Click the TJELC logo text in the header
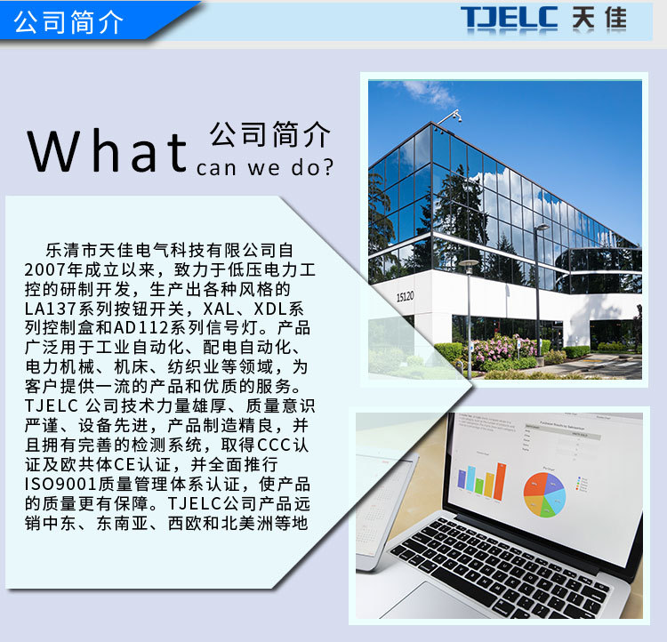pyautogui.click(x=508, y=18)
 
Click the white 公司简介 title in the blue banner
pyautogui.click(x=68, y=22)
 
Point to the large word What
pyautogui.click(x=107, y=151)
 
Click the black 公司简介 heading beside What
pyautogui.click(x=270, y=135)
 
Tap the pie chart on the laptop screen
pyautogui.click(x=542, y=494)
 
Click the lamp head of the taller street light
pyautogui.click(x=542, y=228)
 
